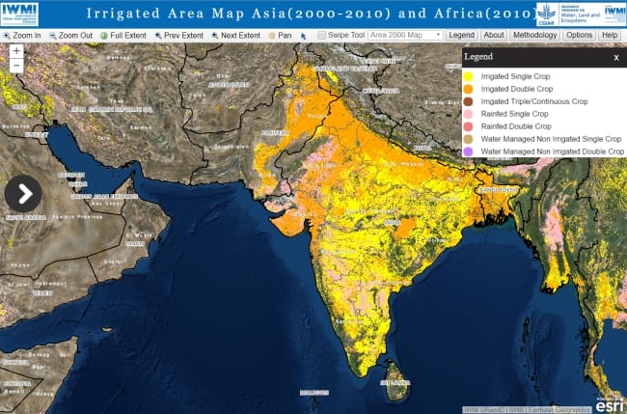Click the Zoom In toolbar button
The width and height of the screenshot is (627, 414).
pyautogui.click(x=23, y=35)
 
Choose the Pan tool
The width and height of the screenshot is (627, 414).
pyautogui.click(x=281, y=35)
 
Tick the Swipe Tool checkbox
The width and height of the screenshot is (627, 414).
pyautogui.click(x=321, y=35)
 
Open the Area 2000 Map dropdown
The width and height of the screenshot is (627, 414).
pyautogui.click(x=405, y=35)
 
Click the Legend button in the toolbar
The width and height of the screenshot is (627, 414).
pyautogui.click(x=461, y=35)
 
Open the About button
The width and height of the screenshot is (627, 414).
pyautogui.click(x=493, y=35)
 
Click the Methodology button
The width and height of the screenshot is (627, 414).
pyautogui.click(x=533, y=35)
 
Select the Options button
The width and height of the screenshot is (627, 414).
pyautogui.click(x=579, y=35)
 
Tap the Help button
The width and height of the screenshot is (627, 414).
pyautogui.click(x=609, y=35)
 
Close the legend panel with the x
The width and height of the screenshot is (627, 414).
pyautogui.click(x=616, y=58)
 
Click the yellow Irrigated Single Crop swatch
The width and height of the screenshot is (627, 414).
pyautogui.click(x=469, y=76)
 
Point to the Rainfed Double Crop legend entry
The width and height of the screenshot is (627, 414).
pyautogui.click(x=515, y=126)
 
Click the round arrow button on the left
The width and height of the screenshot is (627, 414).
pyautogui.click(x=23, y=193)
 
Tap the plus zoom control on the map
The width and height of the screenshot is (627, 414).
pyautogui.click(x=15, y=50)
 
